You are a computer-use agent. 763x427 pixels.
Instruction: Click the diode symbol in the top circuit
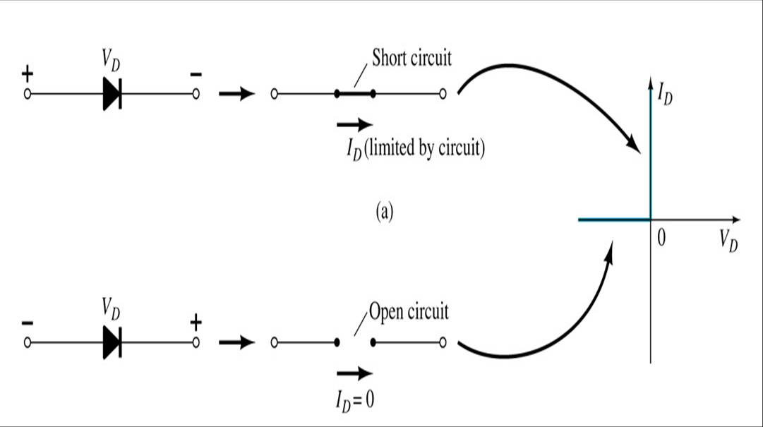click(x=112, y=93)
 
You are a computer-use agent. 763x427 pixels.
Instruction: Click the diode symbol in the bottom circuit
click(x=112, y=343)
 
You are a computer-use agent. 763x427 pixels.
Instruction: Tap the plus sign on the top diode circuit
click(x=28, y=73)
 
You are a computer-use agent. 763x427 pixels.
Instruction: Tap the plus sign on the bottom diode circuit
click(x=196, y=323)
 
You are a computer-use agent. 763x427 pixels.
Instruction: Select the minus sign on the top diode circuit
click(x=196, y=73)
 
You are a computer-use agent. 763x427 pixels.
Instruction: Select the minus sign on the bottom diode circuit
click(x=28, y=323)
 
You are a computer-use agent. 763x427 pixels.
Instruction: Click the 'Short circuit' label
click(x=411, y=58)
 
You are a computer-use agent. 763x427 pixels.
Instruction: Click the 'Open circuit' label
click(x=408, y=311)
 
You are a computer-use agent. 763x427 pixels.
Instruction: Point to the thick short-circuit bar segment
click(x=354, y=93)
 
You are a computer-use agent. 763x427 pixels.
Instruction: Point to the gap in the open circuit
click(x=354, y=343)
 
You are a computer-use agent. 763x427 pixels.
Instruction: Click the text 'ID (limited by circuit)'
click(x=410, y=150)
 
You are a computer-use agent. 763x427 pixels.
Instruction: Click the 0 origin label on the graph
click(x=661, y=239)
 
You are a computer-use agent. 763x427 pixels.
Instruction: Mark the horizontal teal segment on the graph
click(x=613, y=220)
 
